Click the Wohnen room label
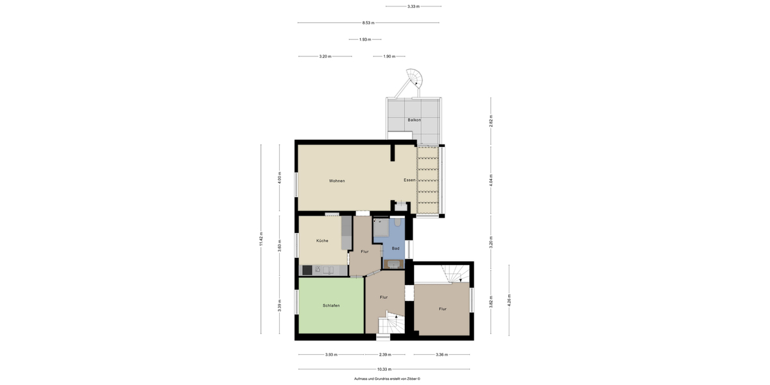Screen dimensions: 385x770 [337, 181]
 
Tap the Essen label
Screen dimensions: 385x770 [409, 180]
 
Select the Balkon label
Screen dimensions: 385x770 [414, 120]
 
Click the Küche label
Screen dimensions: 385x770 [322, 241]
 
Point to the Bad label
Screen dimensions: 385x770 [396, 248]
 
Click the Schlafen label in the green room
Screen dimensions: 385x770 [331, 305]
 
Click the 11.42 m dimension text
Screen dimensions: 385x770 [261, 239]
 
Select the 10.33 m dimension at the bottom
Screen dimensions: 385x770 [384, 369]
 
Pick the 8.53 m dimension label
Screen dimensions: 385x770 [368, 23]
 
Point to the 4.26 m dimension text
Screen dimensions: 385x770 [509, 299]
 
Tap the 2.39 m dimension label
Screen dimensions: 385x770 [384, 355]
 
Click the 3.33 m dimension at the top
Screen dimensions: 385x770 [413, 6]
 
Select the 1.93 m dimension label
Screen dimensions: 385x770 [363, 40]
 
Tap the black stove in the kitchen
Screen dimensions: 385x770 [307, 270]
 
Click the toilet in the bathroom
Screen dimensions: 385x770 [398, 222]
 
